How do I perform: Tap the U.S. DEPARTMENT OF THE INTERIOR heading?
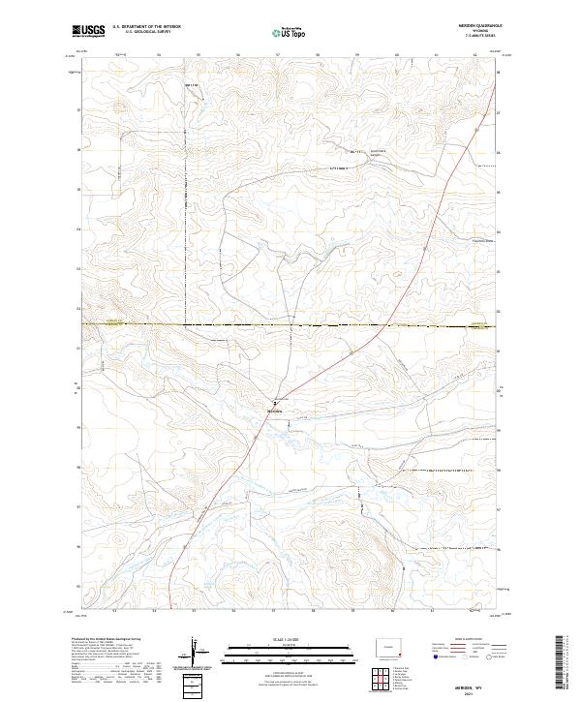tap(146, 27)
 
